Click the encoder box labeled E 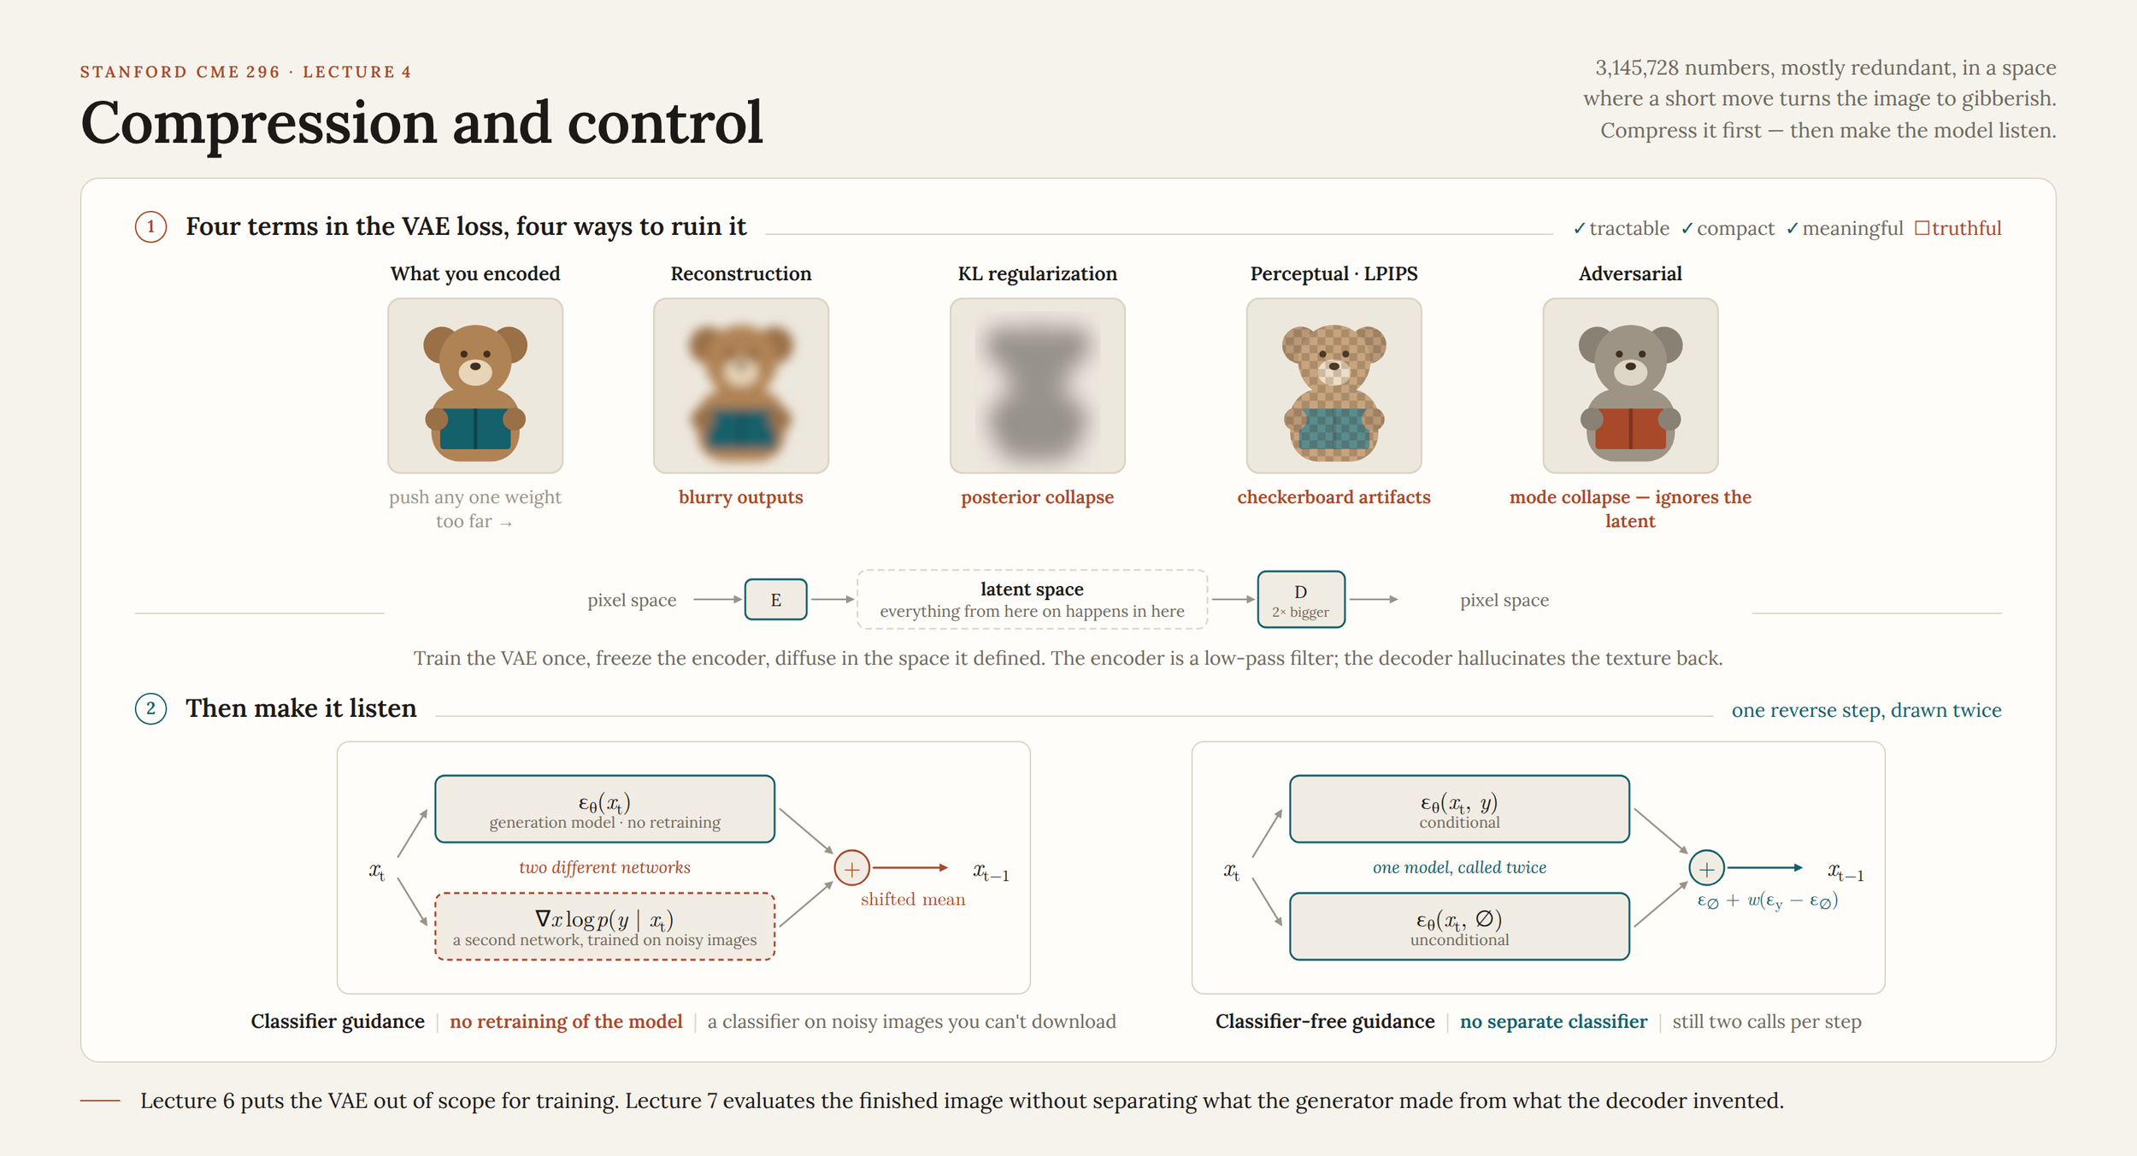[x=775, y=599]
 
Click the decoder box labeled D [x=1300, y=599]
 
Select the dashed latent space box [x=1032, y=599]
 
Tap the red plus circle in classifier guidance [x=851, y=868]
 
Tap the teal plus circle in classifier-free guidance [x=1706, y=868]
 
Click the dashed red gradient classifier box [x=604, y=926]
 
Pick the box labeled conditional [x=1459, y=809]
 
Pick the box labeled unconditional [x=1459, y=926]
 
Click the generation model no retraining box [x=604, y=809]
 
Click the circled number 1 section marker [x=151, y=226]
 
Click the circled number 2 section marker [x=151, y=708]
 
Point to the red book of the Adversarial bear [x=1630, y=429]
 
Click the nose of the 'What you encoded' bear [x=475, y=366]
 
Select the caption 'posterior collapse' [x=1037, y=497]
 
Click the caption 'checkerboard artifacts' [x=1333, y=497]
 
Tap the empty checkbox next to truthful [x=1922, y=228]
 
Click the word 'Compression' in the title [x=258, y=125]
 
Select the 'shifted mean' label [x=912, y=899]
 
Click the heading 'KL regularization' [x=1037, y=273]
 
